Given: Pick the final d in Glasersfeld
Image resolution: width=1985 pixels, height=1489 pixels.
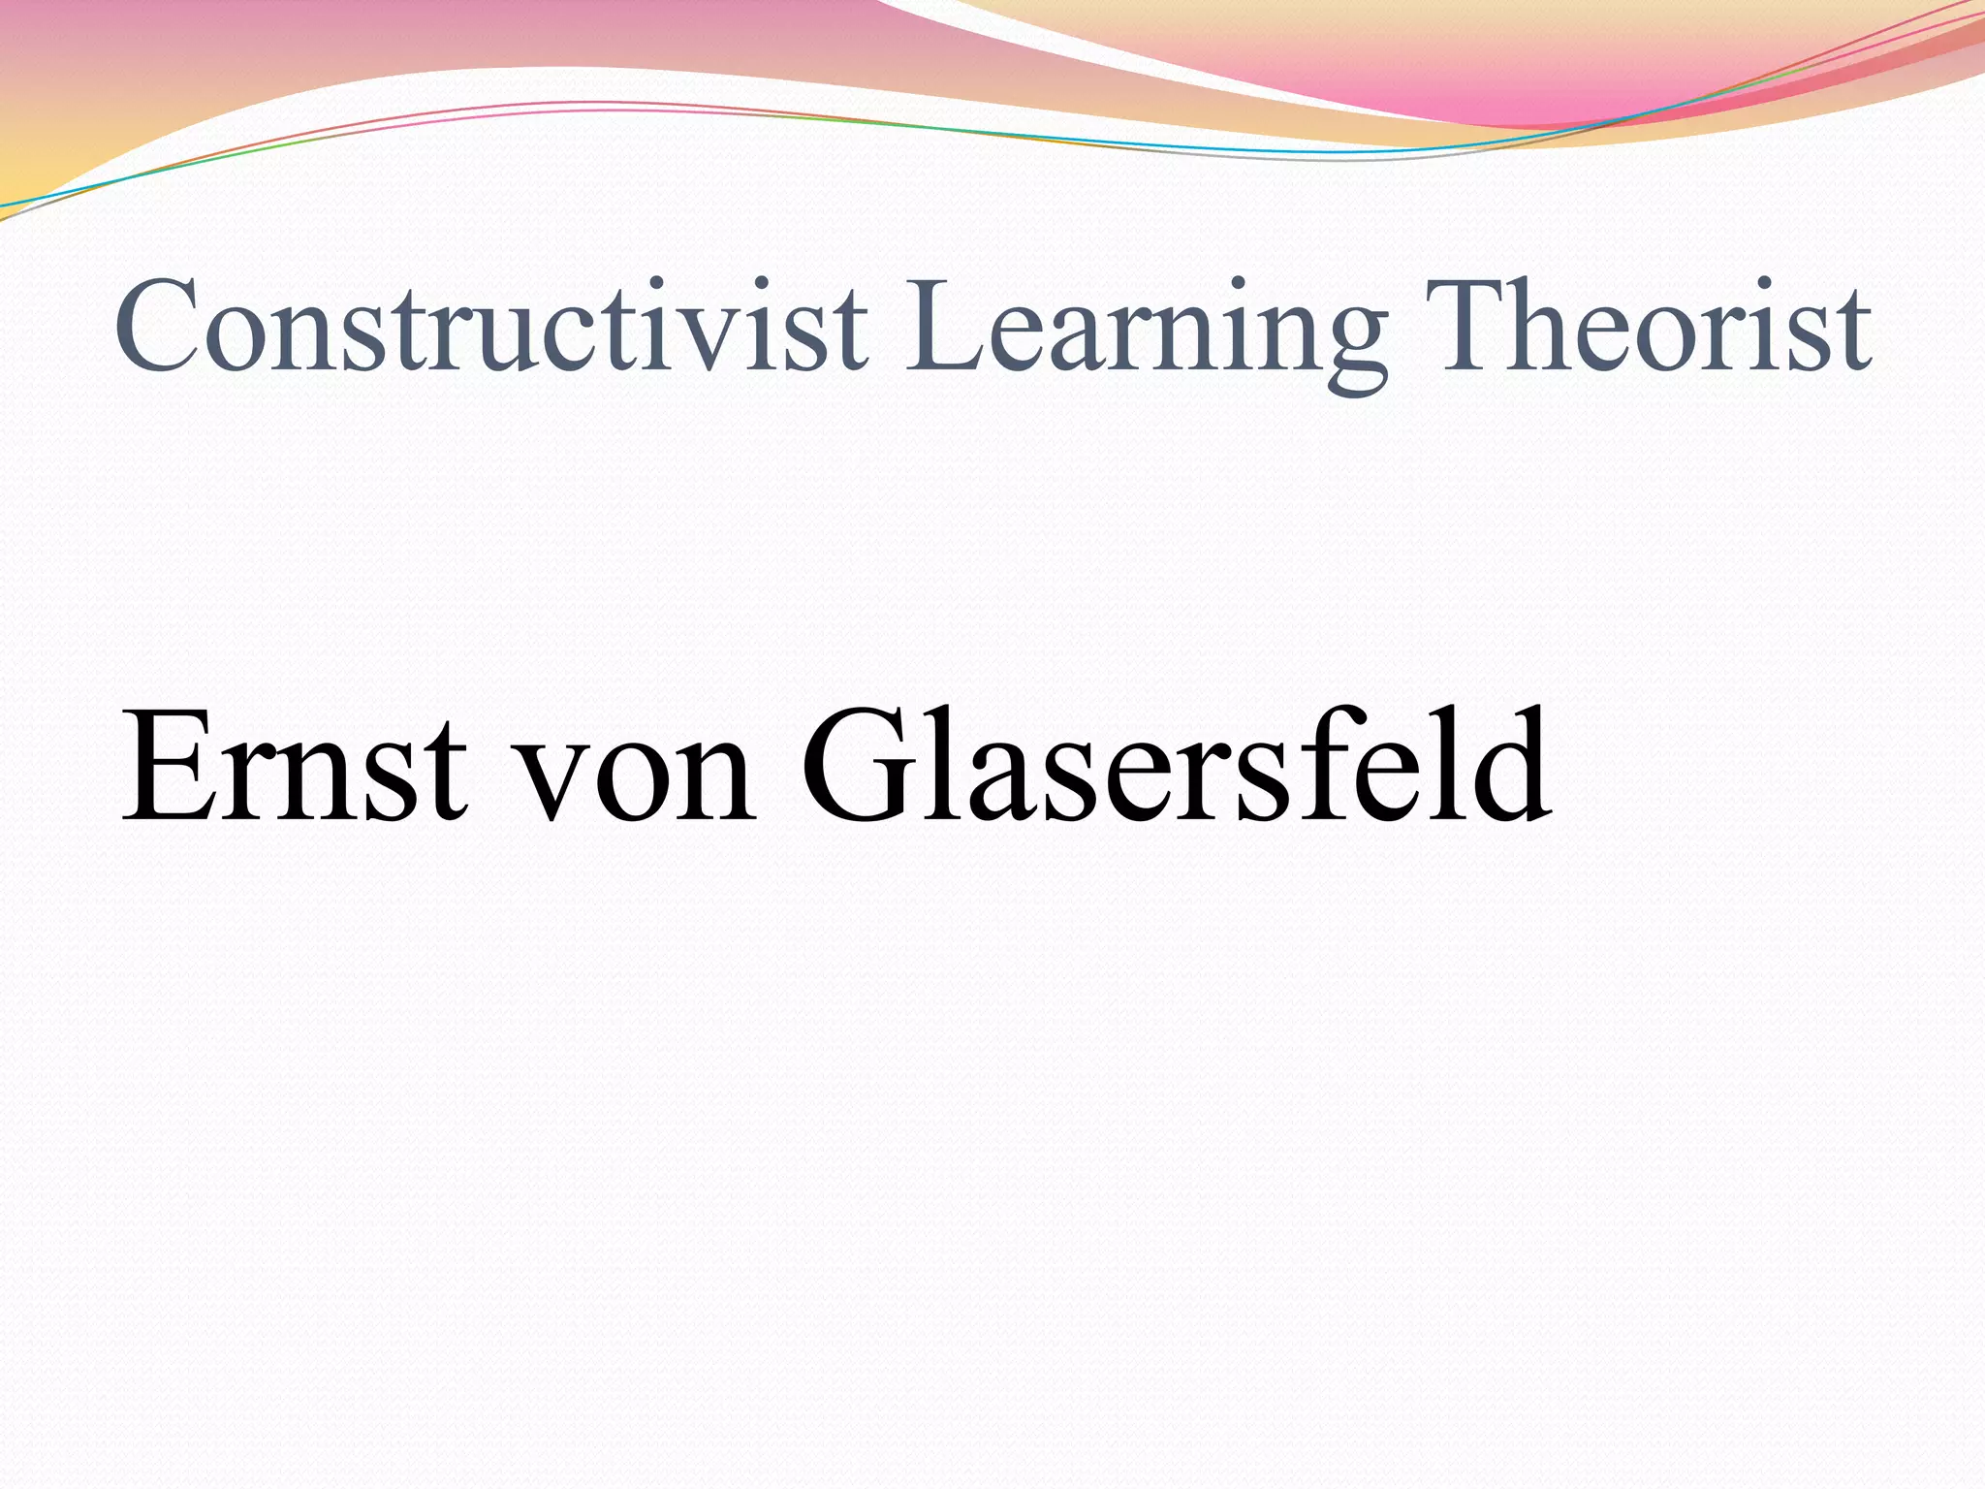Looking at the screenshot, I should pos(1507,766).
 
